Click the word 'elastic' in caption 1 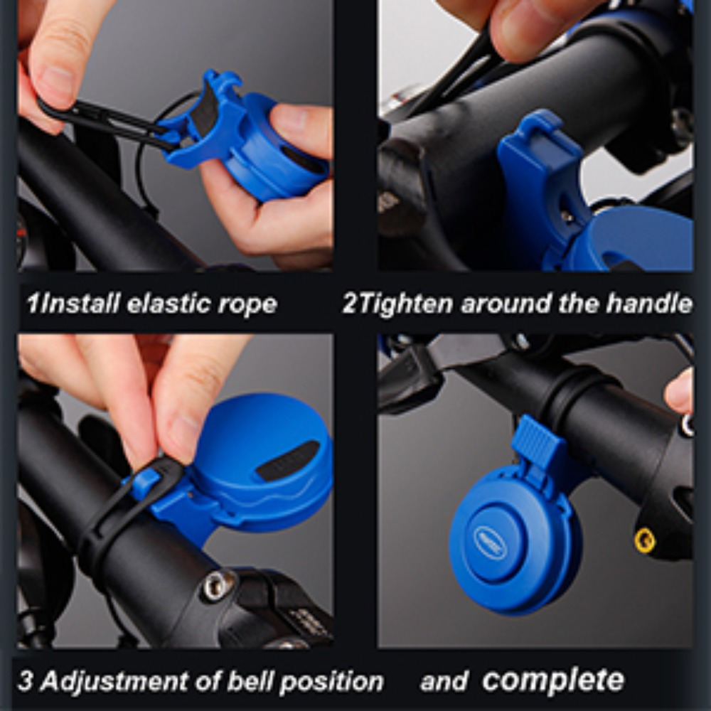[x=168, y=304]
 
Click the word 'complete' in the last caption [x=553, y=680]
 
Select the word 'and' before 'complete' [x=444, y=682]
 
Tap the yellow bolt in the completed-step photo [x=645, y=540]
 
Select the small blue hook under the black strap [x=146, y=483]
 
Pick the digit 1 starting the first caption [x=33, y=303]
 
